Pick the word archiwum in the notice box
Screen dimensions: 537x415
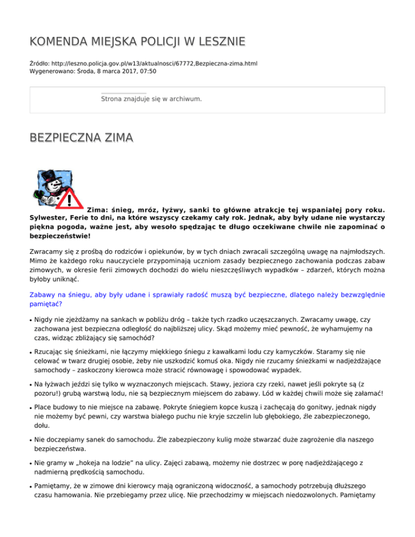185,99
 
